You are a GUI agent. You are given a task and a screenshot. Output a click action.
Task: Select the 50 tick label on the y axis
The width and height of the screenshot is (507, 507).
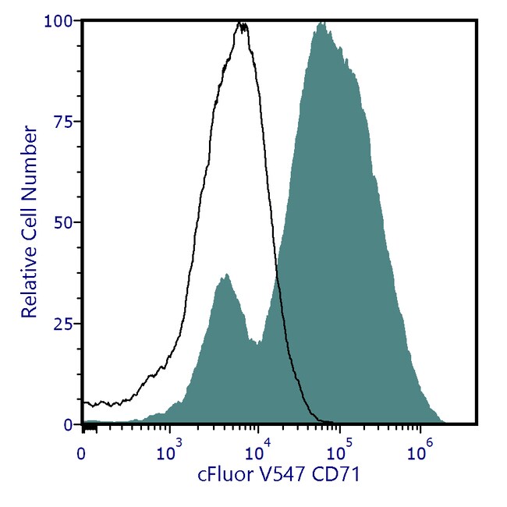(66, 222)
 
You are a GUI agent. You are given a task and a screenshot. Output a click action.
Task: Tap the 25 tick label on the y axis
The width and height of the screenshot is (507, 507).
(66, 323)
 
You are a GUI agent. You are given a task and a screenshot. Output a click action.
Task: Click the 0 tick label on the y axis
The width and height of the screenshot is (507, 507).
(70, 424)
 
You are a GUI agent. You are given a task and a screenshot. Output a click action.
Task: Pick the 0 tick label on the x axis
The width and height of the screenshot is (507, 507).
(82, 451)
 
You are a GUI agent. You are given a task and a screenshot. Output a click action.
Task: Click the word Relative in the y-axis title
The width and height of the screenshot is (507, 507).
(29, 278)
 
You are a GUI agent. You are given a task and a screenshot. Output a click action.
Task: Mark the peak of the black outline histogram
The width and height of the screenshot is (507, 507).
(243, 25)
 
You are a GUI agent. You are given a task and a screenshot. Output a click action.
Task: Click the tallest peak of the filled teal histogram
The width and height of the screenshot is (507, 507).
(321, 23)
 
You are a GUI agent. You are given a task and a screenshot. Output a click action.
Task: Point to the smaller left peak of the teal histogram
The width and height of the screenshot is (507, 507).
(225, 275)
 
